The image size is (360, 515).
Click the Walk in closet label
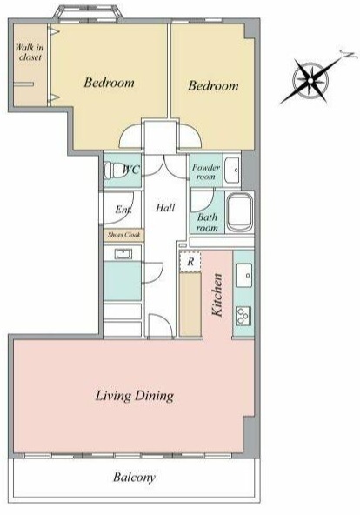(30, 52)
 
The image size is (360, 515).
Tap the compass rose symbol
(310, 80)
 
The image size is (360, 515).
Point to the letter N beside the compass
(349, 55)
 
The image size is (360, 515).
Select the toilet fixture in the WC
(113, 171)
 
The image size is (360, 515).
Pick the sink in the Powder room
(232, 171)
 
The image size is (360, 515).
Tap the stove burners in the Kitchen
(243, 316)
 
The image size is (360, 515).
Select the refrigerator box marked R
(190, 262)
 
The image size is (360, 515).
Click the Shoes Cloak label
(124, 235)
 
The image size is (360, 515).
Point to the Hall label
(165, 207)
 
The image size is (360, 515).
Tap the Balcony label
(134, 478)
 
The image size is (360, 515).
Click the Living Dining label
(135, 396)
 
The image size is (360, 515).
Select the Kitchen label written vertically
(217, 295)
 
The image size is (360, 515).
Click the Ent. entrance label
(123, 209)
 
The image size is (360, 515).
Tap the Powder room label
(206, 171)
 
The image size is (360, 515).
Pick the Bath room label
(207, 223)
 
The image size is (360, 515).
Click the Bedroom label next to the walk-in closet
(109, 82)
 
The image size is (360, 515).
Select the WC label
(131, 170)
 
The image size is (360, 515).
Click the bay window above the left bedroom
(89, 13)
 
